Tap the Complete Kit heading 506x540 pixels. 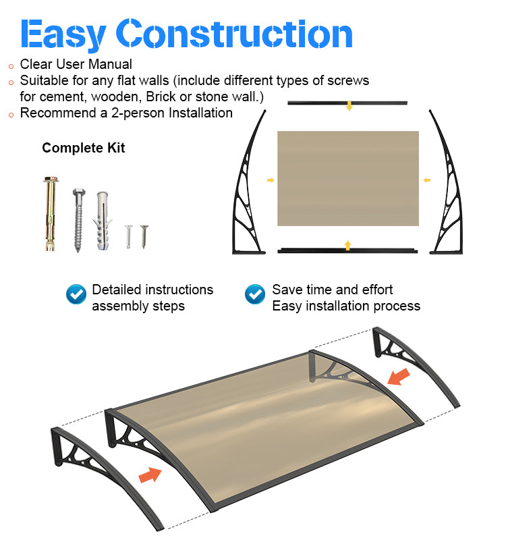coord(83,148)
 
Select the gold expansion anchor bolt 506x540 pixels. coord(51,213)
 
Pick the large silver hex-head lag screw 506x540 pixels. coord(79,220)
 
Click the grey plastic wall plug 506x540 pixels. coord(103,221)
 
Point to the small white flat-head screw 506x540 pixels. coord(128,237)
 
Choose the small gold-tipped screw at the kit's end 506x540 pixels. coord(144,236)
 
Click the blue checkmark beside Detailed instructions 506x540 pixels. coord(76,294)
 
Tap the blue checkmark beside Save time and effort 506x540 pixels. coord(255,294)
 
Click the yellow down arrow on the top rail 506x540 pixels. coord(349,106)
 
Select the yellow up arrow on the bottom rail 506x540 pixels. coord(347,245)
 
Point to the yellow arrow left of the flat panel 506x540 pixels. coord(271,180)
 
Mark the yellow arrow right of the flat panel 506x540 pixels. coord(427,180)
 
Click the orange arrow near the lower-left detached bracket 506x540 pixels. coord(150,475)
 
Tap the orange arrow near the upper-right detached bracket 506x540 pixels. coord(399,377)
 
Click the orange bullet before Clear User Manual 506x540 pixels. coord(11,66)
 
